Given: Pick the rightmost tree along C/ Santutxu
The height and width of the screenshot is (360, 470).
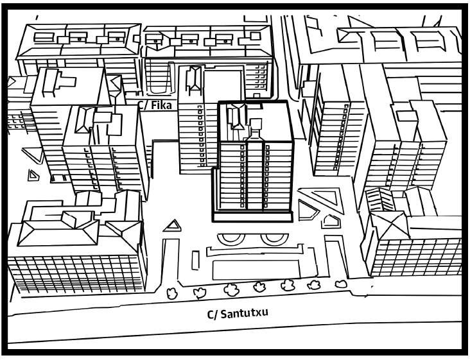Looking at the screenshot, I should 341,282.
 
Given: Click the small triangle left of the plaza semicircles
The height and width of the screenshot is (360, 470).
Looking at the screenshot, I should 171,225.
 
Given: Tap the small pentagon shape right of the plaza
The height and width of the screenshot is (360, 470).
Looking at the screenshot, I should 330,221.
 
